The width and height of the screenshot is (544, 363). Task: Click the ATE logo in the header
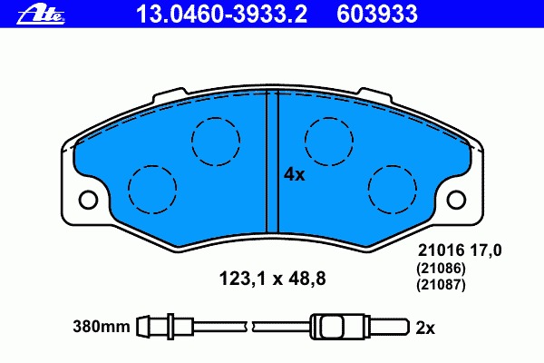(x=41, y=15)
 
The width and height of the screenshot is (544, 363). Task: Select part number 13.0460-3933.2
(x=222, y=15)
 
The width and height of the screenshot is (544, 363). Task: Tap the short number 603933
(x=377, y=15)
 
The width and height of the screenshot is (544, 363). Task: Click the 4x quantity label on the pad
(x=294, y=175)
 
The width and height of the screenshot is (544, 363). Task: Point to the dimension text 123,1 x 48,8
(x=272, y=279)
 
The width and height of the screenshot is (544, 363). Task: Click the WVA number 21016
(x=441, y=250)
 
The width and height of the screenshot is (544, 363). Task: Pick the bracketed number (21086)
(x=441, y=269)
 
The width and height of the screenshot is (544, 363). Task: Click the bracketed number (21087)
(x=441, y=285)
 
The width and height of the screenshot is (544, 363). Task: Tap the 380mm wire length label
(x=102, y=327)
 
